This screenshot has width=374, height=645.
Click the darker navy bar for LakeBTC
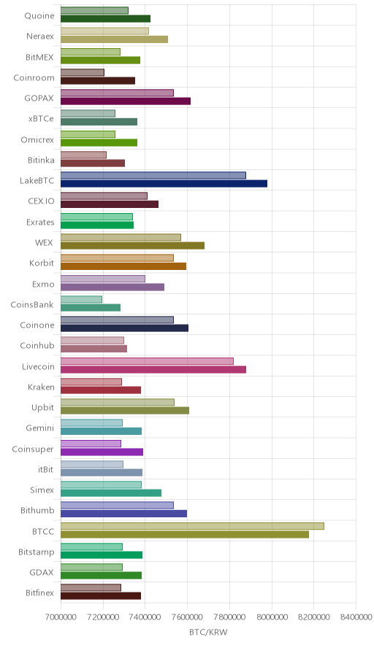[x=164, y=183]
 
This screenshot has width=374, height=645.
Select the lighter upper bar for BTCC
[x=192, y=526]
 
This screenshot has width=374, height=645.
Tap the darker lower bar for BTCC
[x=185, y=534]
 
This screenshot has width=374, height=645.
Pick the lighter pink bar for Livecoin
[x=147, y=360]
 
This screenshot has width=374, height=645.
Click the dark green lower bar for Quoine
[x=105, y=18]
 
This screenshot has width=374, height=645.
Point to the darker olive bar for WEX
[x=133, y=245]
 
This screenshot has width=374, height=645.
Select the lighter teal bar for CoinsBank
[x=81, y=299]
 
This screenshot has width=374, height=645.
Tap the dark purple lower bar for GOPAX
[x=126, y=101]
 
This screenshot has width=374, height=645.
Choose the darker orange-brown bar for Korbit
[x=123, y=266]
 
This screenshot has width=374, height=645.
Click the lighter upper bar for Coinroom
[x=83, y=72]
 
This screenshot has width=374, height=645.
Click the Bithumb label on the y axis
[x=37, y=511]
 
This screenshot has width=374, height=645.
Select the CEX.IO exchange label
[x=41, y=201]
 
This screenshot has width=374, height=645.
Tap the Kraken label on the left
[x=41, y=387]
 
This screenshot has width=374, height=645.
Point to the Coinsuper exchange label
[x=33, y=449]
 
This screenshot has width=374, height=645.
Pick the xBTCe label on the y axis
[x=41, y=119]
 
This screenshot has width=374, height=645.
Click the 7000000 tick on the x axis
[x=61, y=617]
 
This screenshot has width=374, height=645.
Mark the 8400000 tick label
[x=356, y=617]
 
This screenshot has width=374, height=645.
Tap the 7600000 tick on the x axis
[x=188, y=617]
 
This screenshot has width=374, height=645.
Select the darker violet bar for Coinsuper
[x=102, y=452]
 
